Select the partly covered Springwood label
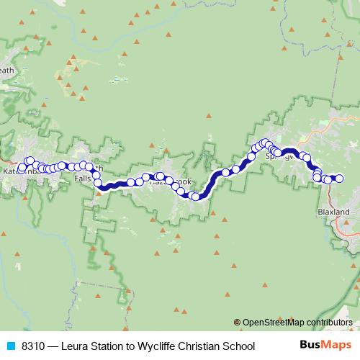[280, 156]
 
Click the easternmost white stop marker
[341, 179]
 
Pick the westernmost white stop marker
[22, 170]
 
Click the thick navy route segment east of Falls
[115, 186]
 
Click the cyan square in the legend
[10, 346]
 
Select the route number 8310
[35, 346]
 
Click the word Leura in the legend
[76, 346]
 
